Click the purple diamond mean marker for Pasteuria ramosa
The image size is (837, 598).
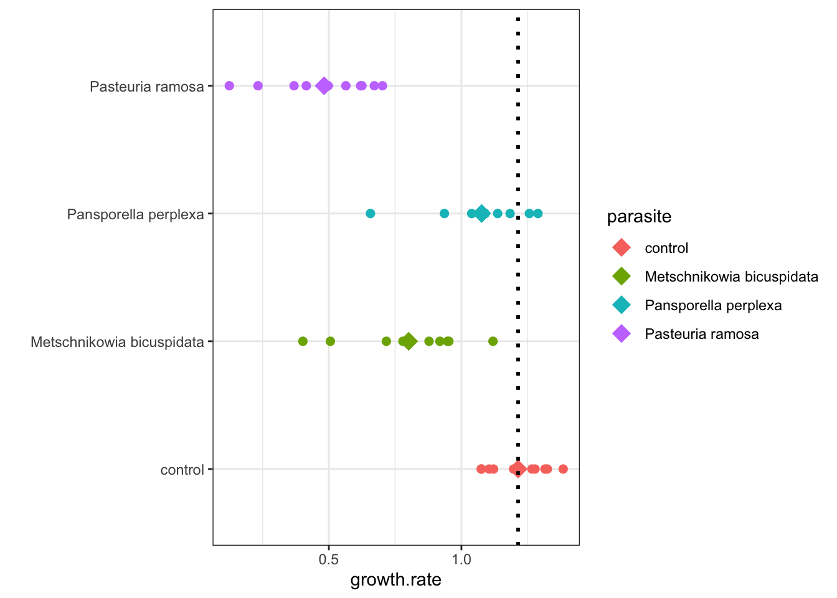(x=324, y=86)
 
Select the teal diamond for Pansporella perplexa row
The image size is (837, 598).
(x=481, y=214)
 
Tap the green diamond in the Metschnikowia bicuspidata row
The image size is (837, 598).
(x=409, y=341)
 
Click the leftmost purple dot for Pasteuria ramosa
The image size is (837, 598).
(x=229, y=86)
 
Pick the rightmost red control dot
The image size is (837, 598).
(x=563, y=469)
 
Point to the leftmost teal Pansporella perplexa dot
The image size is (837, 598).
(x=371, y=214)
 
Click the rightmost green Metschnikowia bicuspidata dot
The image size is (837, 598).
(x=493, y=341)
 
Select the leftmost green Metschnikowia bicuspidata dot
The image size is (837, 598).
(x=303, y=341)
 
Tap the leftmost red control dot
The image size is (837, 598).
(x=481, y=469)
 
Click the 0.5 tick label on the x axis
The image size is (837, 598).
(x=329, y=559)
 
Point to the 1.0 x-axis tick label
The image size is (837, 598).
(x=461, y=559)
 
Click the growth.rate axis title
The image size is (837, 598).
(x=395, y=580)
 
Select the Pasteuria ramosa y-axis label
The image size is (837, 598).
(x=147, y=87)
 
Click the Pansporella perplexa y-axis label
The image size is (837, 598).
(x=136, y=214)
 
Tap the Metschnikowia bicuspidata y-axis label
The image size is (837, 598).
(x=117, y=342)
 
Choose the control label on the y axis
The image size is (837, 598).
(x=182, y=470)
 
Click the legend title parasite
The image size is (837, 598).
(x=639, y=217)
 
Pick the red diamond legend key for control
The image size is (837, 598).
(x=622, y=248)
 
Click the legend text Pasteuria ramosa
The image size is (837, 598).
(x=702, y=334)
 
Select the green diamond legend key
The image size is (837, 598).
(x=622, y=277)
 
